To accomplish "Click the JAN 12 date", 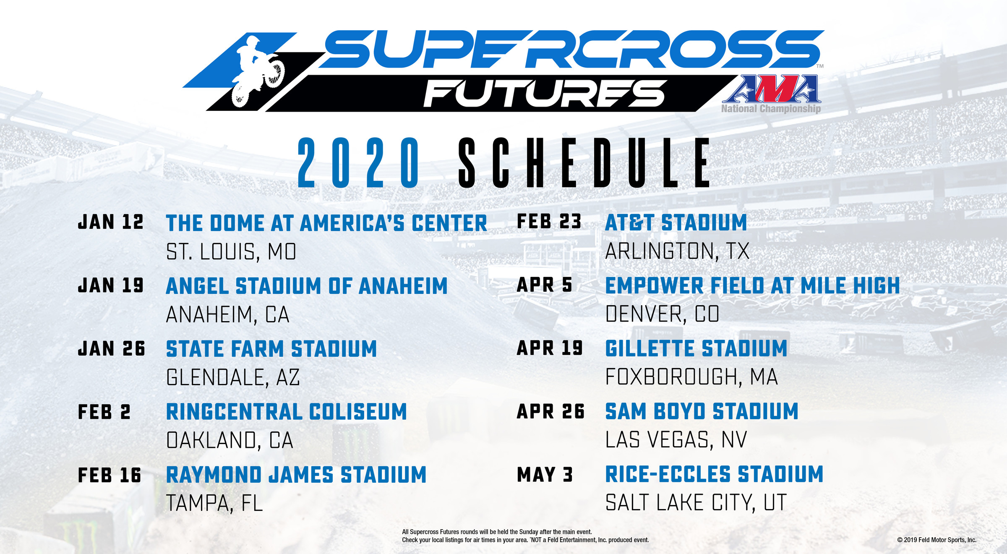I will pyautogui.click(x=111, y=222).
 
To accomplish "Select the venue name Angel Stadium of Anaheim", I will pyautogui.click(x=307, y=286).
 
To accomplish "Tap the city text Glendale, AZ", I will pyautogui.click(x=233, y=377).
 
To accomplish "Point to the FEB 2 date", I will pyautogui.click(x=104, y=412).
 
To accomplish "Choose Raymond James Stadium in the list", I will pyautogui.click(x=296, y=475).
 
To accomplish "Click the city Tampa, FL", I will pyautogui.click(x=214, y=503).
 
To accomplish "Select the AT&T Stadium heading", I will pyautogui.click(x=676, y=222).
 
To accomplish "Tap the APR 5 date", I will pyautogui.click(x=544, y=285).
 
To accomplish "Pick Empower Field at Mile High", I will pyautogui.click(x=752, y=286).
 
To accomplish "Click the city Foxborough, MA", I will pyautogui.click(x=691, y=377).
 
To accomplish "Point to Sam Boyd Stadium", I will pyautogui.click(x=702, y=411).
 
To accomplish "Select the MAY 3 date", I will pyautogui.click(x=545, y=475).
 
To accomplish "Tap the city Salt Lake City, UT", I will pyautogui.click(x=696, y=503).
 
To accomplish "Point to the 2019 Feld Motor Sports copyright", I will pyautogui.click(x=937, y=540).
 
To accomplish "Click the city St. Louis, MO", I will pyautogui.click(x=231, y=252).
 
